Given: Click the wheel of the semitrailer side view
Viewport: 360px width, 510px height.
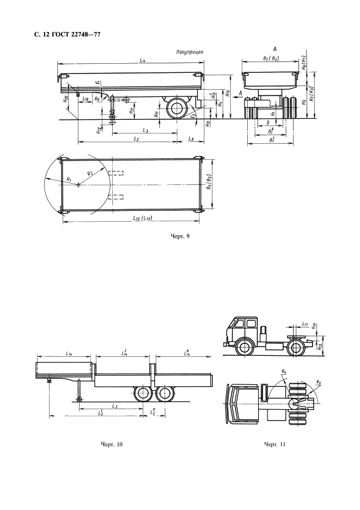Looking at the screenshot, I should (x=176, y=108).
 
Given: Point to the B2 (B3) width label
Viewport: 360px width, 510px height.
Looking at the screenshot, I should (x=271, y=57).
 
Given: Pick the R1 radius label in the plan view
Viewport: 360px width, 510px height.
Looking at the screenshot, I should (x=69, y=179).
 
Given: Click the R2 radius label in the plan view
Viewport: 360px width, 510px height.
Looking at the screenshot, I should (x=91, y=173).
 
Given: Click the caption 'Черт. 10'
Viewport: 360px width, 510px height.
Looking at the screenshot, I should (x=112, y=445).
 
